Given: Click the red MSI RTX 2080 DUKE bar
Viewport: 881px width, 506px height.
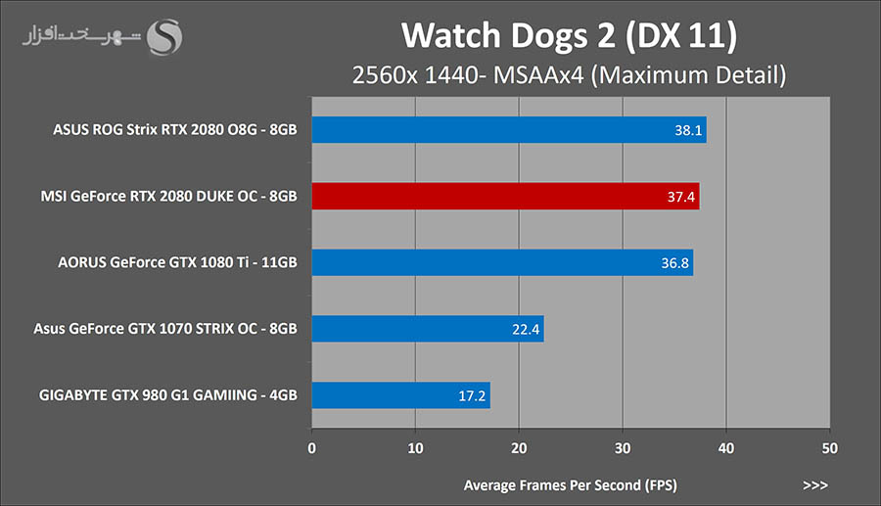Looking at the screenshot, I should click(x=505, y=196).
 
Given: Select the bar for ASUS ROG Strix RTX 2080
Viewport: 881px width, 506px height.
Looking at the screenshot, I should click(x=508, y=129).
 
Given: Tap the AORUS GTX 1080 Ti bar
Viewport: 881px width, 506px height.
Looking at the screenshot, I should click(x=502, y=262).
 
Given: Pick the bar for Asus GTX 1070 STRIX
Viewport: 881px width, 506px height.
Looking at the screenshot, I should click(x=428, y=329).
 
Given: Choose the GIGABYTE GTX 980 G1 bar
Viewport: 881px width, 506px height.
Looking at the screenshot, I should click(x=400, y=395).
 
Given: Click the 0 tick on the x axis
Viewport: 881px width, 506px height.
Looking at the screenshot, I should click(x=311, y=448).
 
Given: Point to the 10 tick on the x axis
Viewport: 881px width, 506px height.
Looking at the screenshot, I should click(x=415, y=448).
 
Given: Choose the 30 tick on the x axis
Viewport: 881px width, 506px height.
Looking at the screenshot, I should click(x=623, y=448).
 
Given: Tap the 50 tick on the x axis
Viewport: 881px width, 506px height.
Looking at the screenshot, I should click(x=829, y=448).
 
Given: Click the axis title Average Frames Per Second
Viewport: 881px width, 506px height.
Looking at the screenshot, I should click(x=570, y=484).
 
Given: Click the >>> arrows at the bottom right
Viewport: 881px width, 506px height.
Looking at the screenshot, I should click(x=814, y=484).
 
